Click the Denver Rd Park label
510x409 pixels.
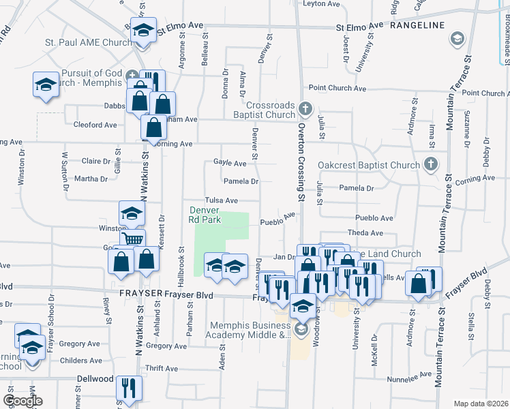(x=204, y=215)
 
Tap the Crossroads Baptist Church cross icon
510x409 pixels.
(x=307, y=108)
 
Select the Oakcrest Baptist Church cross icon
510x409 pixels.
(x=430, y=164)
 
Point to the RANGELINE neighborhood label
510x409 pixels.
(x=417, y=25)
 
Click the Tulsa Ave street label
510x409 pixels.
(x=222, y=200)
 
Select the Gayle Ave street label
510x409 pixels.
(x=230, y=164)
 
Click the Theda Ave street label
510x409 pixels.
(x=361, y=233)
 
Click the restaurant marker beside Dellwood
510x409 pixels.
(x=128, y=388)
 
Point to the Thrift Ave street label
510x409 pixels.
(x=162, y=368)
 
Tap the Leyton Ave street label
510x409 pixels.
(x=321, y=3)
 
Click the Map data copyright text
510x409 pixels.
(x=481, y=404)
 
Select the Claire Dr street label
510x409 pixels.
(x=95, y=162)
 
